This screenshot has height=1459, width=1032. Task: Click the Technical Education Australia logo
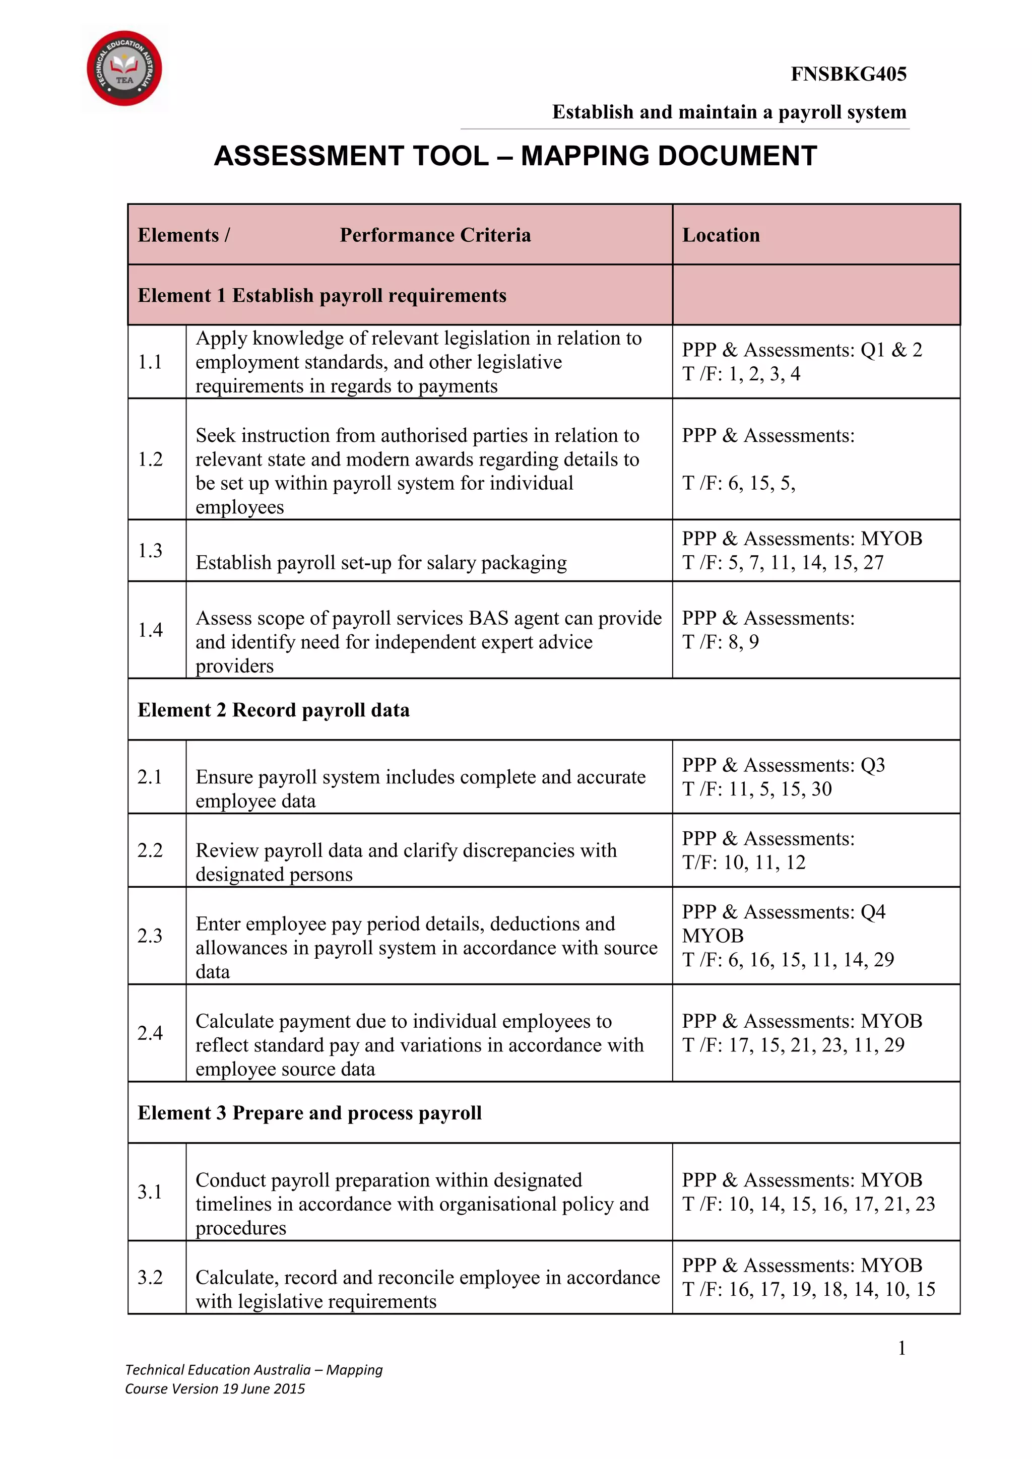(x=124, y=68)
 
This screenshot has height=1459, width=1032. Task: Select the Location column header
(x=721, y=235)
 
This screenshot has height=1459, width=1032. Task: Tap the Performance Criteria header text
(x=435, y=235)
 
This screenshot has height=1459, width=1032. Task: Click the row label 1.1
(x=150, y=362)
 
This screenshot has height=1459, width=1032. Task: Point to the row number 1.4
(x=150, y=630)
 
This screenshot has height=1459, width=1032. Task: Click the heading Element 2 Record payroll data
(x=273, y=710)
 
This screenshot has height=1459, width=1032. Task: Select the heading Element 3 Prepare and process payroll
(x=309, y=1113)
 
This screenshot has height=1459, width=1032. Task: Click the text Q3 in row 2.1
(x=872, y=765)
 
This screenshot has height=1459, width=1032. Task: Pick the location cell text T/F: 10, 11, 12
(x=743, y=863)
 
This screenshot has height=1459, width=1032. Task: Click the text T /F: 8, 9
(x=720, y=642)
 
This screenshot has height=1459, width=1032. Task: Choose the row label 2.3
(x=150, y=936)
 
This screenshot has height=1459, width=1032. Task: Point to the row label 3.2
(x=150, y=1277)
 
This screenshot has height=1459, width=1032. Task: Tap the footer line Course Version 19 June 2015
(x=215, y=1388)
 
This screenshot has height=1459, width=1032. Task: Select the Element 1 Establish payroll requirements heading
(x=321, y=296)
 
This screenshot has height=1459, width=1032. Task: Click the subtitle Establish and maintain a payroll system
(x=729, y=112)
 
